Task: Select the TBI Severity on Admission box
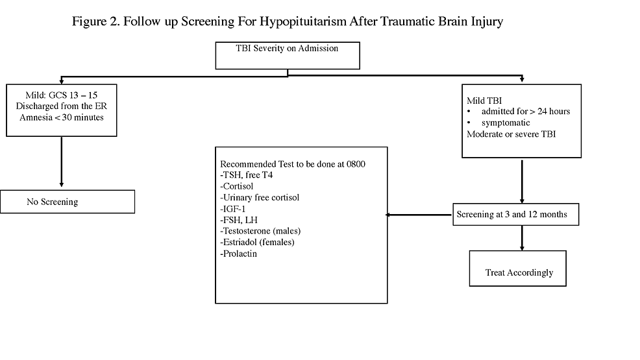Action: coord(287,55)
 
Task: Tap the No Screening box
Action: coord(68,202)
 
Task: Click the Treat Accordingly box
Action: coord(518,269)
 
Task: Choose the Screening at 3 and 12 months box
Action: coord(516,215)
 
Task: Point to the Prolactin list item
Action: coord(239,254)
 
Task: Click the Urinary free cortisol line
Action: coord(260,197)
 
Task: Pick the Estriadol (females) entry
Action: coord(257,242)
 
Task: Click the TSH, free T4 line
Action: coord(247,174)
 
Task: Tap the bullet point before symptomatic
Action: coord(469,123)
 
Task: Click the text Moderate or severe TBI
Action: coord(510,134)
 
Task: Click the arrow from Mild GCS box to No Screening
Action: coord(61,162)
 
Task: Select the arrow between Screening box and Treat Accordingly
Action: coord(522,238)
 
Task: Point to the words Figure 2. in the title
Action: coord(96,21)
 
